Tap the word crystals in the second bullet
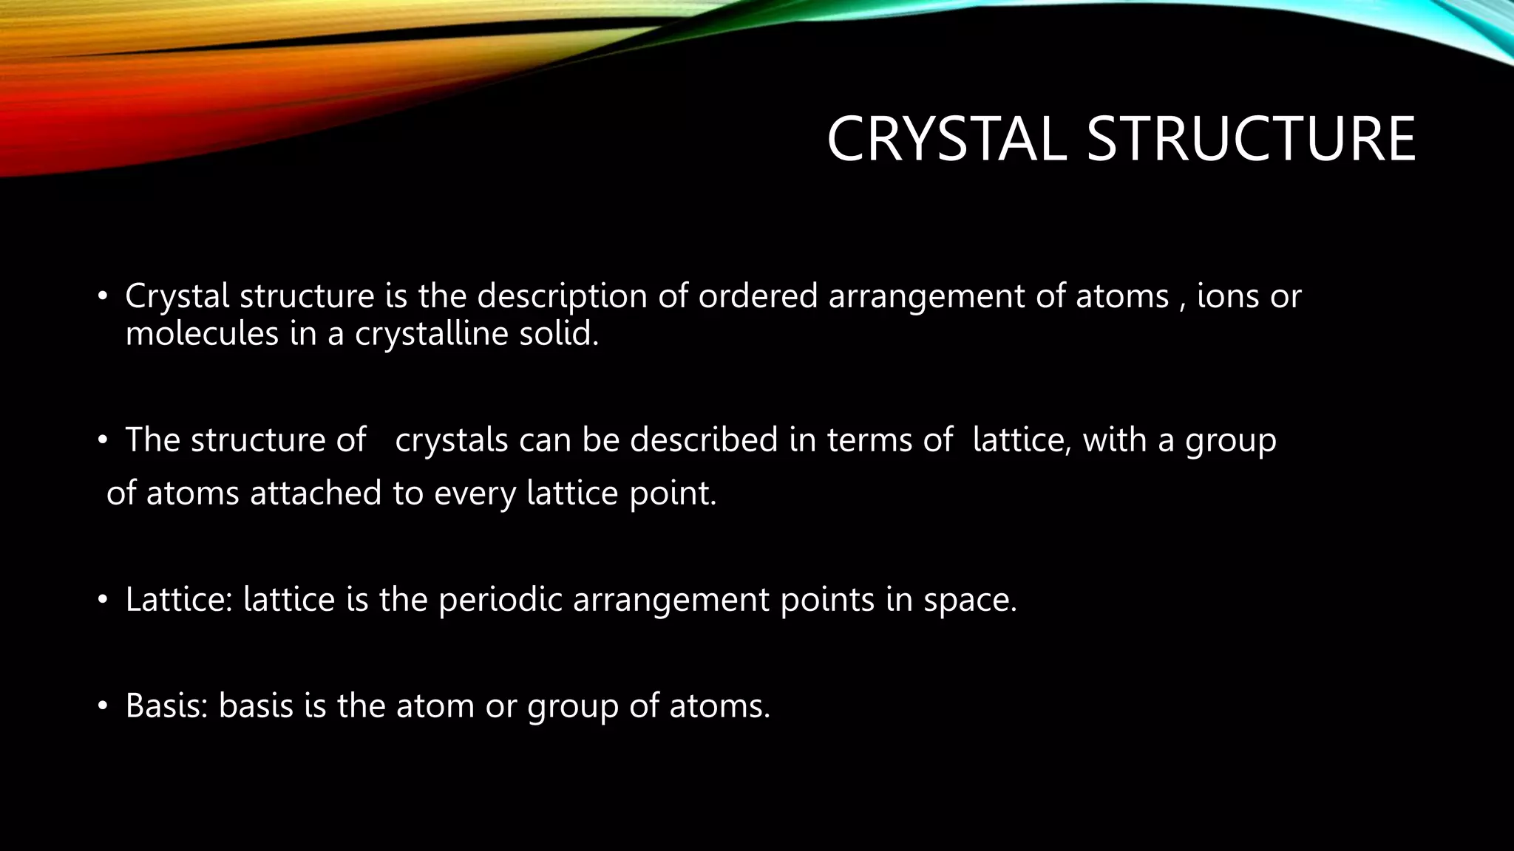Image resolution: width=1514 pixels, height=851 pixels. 452,440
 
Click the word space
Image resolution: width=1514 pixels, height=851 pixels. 969,599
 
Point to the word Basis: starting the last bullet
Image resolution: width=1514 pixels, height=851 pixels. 167,705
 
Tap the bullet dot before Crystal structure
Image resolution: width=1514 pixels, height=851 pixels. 103,297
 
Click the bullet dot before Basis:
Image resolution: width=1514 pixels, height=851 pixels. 103,706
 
